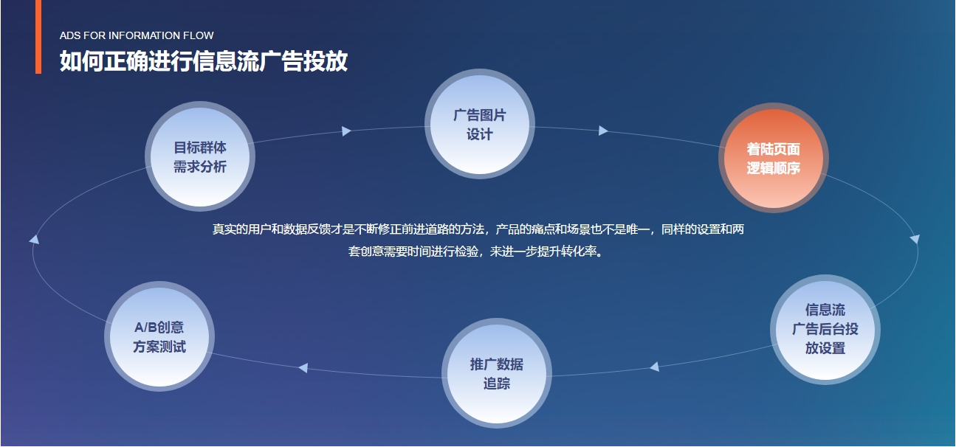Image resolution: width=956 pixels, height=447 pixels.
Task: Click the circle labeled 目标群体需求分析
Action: [x=200, y=156]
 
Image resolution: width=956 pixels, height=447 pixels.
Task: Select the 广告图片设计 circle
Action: [x=480, y=124]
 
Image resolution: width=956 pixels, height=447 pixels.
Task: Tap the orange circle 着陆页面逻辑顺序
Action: [x=774, y=158]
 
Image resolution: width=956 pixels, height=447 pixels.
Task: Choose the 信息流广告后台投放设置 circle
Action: [x=825, y=330]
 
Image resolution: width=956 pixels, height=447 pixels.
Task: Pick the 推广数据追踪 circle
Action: [x=496, y=373]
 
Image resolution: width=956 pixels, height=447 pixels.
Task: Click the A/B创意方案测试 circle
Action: [x=159, y=336]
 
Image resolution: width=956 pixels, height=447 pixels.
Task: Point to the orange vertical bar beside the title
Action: [x=38, y=37]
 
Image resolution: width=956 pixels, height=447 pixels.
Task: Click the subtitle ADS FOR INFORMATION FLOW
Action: [x=137, y=35]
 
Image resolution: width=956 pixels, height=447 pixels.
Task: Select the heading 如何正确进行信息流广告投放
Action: [x=204, y=60]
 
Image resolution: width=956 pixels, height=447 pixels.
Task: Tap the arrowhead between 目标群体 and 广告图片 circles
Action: [x=346, y=131]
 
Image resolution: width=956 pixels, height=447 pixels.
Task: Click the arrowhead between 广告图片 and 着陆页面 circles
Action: [x=603, y=131]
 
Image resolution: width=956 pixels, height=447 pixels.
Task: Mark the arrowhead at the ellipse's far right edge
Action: [x=915, y=239]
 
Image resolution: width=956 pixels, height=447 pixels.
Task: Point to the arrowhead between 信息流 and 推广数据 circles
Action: [x=655, y=367]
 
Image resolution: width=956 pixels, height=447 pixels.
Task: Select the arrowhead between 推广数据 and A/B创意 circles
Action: [x=303, y=367]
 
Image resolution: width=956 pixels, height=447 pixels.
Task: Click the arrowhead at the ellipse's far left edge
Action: [x=34, y=239]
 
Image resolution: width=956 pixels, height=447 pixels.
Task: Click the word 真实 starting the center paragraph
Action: [x=224, y=229]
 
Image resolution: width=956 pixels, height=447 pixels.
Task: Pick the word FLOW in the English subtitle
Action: [x=199, y=35]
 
